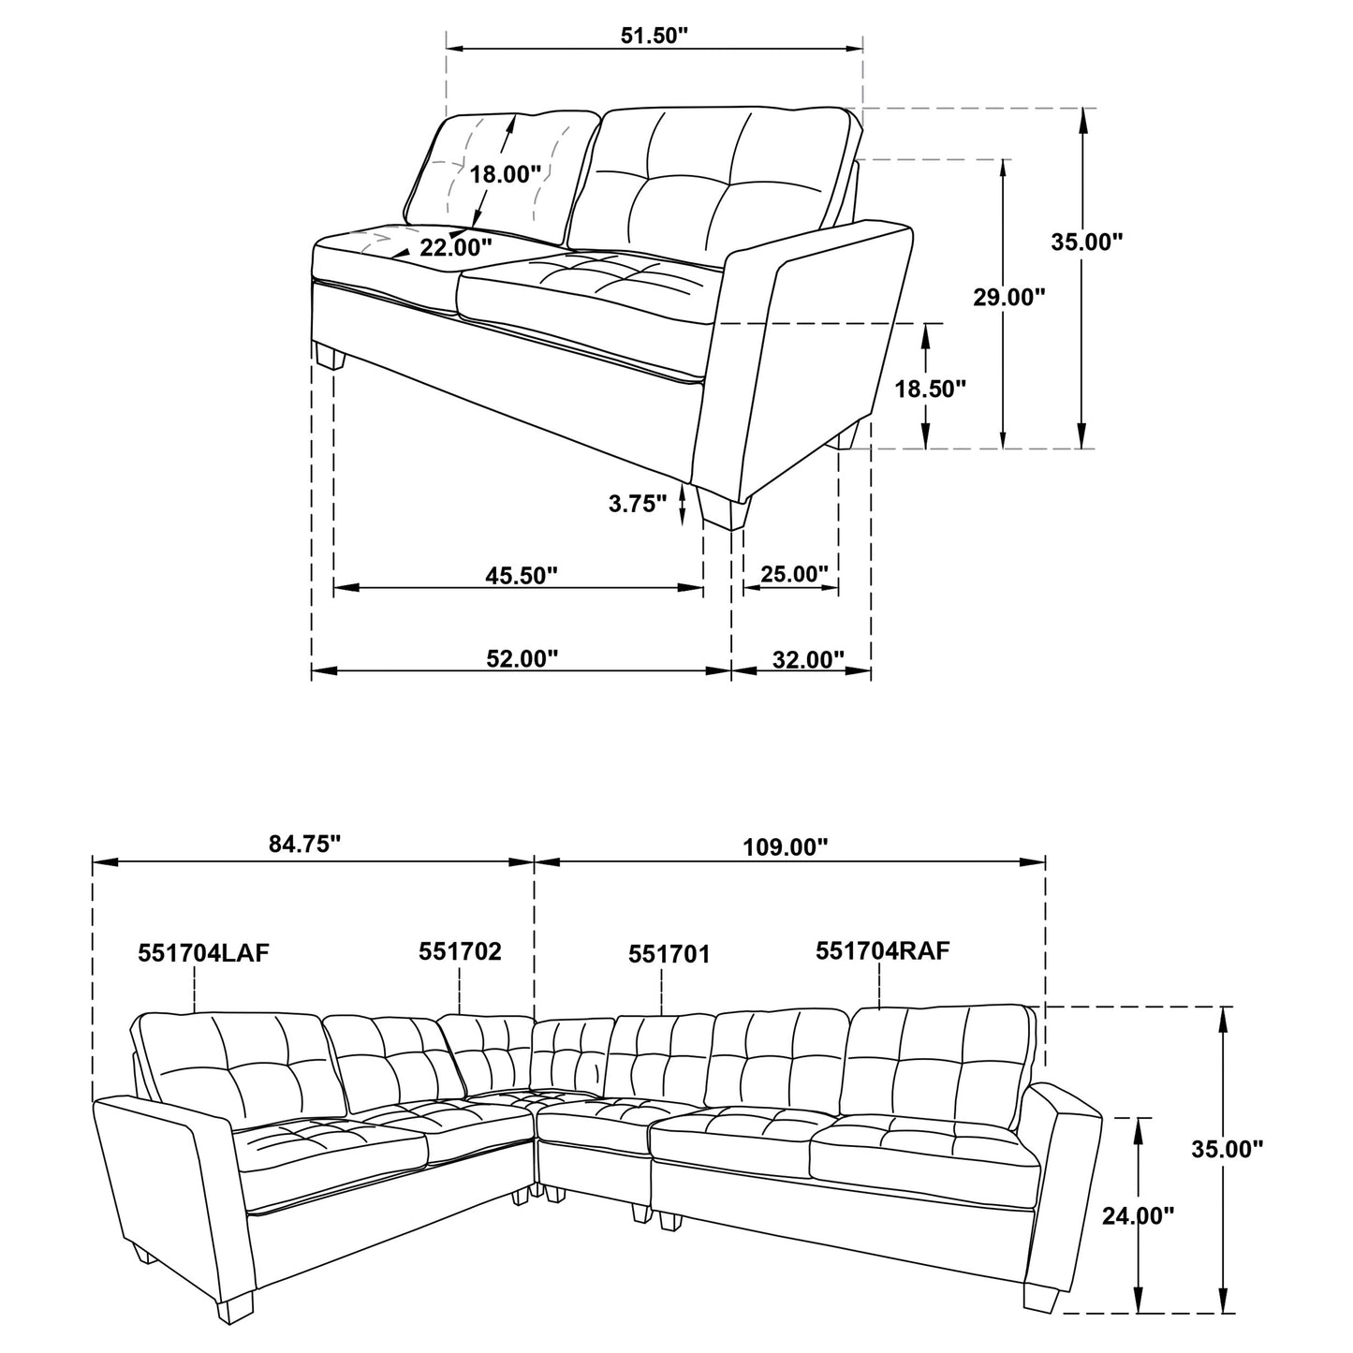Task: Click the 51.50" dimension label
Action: point(654,36)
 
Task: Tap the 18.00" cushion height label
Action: point(506,173)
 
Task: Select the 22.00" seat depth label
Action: point(455,247)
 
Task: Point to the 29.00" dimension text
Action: point(1007,297)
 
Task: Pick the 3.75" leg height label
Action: point(638,503)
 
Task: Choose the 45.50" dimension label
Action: point(522,575)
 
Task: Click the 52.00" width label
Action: point(522,658)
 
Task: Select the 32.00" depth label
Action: point(808,659)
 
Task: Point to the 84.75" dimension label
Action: point(304,844)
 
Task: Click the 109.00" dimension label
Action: point(786,847)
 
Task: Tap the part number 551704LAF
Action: point(203,952)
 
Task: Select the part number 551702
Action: point(460,951)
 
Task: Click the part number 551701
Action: point(669,954)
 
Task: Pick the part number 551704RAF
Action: point(883,951)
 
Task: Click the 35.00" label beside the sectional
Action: point(1227,1148)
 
